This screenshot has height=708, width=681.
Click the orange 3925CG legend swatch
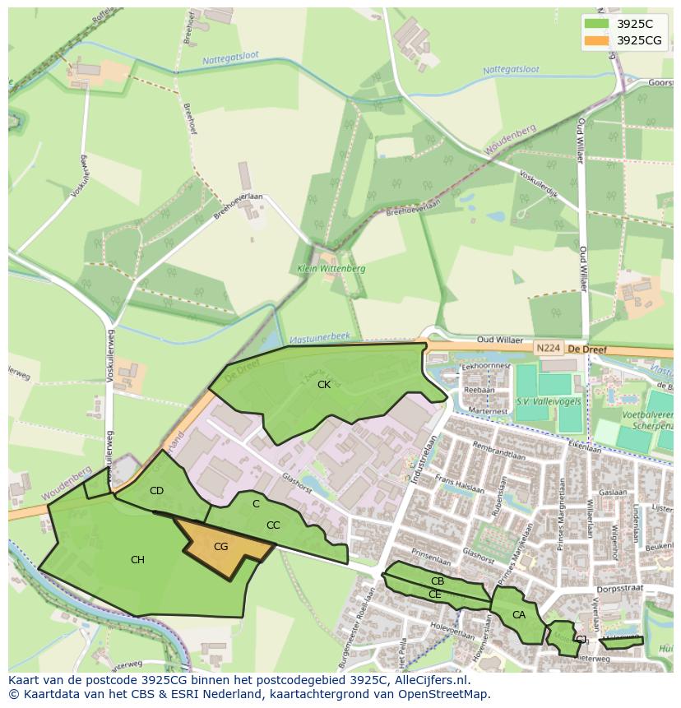pos(597,40)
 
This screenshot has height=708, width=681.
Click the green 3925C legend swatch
pos(597,24)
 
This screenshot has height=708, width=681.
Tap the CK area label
pos(324,384)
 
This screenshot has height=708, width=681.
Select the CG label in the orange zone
pos(220,546)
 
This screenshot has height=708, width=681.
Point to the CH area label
pos(137,560)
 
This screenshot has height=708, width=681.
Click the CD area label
pos(156,491)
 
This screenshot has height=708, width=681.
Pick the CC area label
pos(273,525)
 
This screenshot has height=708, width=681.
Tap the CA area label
pos(518,614)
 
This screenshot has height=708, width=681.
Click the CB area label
pos(438,581)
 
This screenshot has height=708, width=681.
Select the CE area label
pos(434,594)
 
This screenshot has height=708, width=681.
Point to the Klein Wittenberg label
pos(331,269)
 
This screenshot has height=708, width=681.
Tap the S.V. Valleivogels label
pos(545,400)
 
